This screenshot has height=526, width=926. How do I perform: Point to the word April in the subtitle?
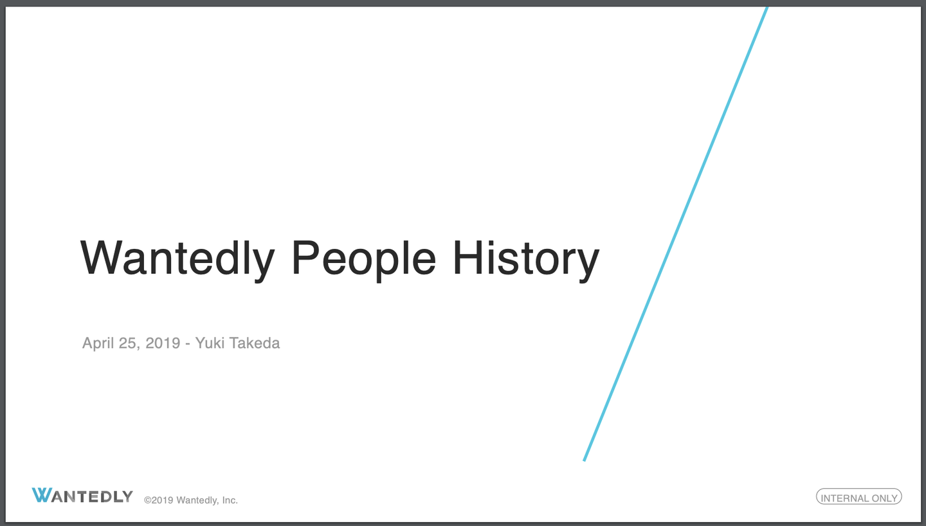coord(97,343)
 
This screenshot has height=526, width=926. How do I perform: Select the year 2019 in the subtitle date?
coord(163,343)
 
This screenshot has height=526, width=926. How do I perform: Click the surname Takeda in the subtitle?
coord(254,343)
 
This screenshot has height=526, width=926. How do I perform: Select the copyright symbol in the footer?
coord(148,500)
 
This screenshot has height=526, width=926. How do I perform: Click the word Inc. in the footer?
coord(230,500)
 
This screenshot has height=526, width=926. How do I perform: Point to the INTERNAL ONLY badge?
coord(858,496)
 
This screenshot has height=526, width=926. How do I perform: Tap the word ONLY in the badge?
coord(884,498)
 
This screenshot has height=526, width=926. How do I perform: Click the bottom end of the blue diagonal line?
coord(584,460)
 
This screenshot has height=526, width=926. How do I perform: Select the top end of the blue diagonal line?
coord(767,8)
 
